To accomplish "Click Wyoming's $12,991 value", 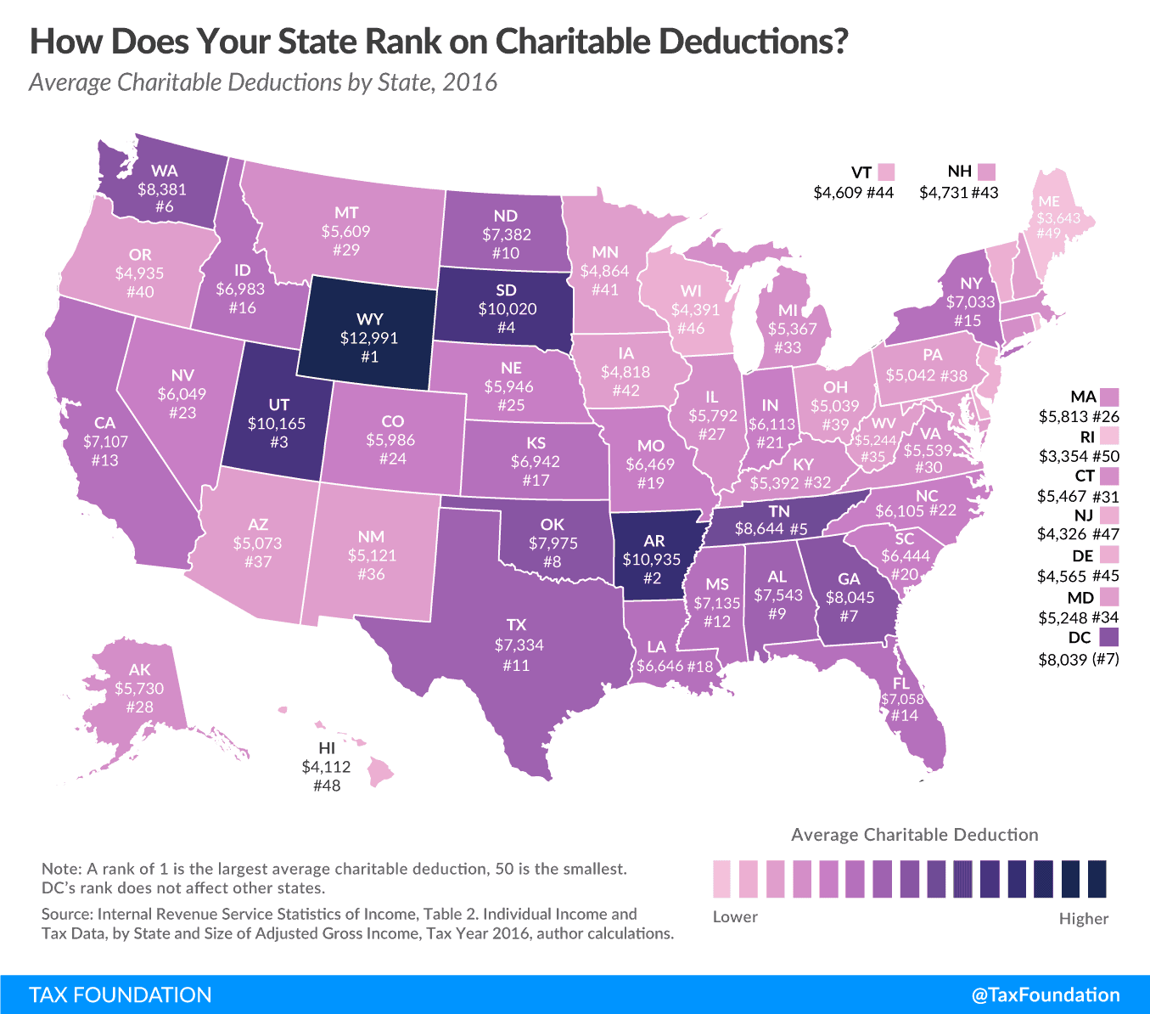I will tap(369, 338).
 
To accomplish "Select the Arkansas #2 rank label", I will tap(652, 578).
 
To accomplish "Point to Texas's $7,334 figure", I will tap(519, 645).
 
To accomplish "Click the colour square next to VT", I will tap(886, 172).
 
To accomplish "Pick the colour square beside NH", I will tap(985, 172).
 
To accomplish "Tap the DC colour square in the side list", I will tap(1108, 637).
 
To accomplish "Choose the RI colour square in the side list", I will tap(1108, 437).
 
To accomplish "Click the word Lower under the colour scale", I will tap(735, 917).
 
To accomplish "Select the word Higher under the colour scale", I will tap(1083, 918).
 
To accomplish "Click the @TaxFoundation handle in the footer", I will tap(1046, 995).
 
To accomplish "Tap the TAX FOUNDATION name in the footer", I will tap(121, 995).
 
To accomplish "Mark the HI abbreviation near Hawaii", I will tap(327, 748).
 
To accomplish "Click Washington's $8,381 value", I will tap(162, 189).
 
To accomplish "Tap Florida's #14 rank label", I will tap(904, 716).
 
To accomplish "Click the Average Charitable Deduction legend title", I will tap(914, 835).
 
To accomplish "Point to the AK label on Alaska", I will tap(140, 670).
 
